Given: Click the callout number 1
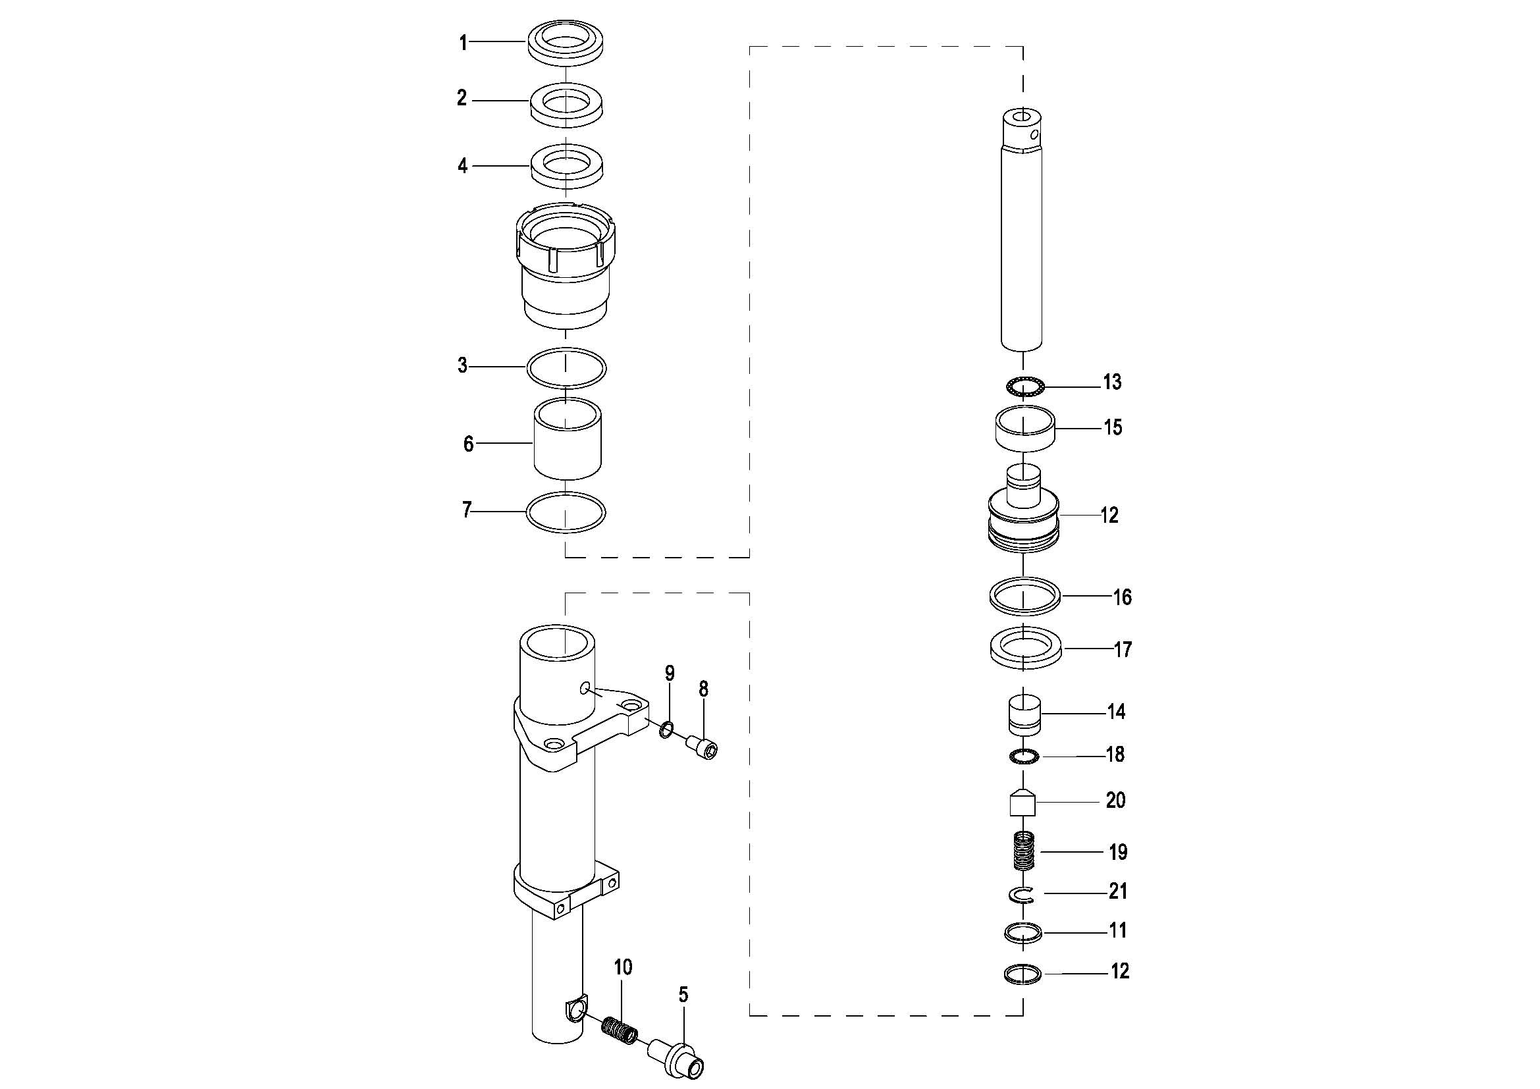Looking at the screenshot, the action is tap(463, 43).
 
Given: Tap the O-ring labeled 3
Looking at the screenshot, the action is tap(566, 386).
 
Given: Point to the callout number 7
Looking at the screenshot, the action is tap(467, 510).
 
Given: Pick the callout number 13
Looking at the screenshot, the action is tap(1112, 383).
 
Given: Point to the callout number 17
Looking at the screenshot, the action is tap(1123, 649).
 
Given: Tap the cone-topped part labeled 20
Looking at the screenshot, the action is tap(1024, 802).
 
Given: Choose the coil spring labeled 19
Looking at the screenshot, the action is tap(1024, 851).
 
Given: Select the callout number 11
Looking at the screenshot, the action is tap(1118, 930).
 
